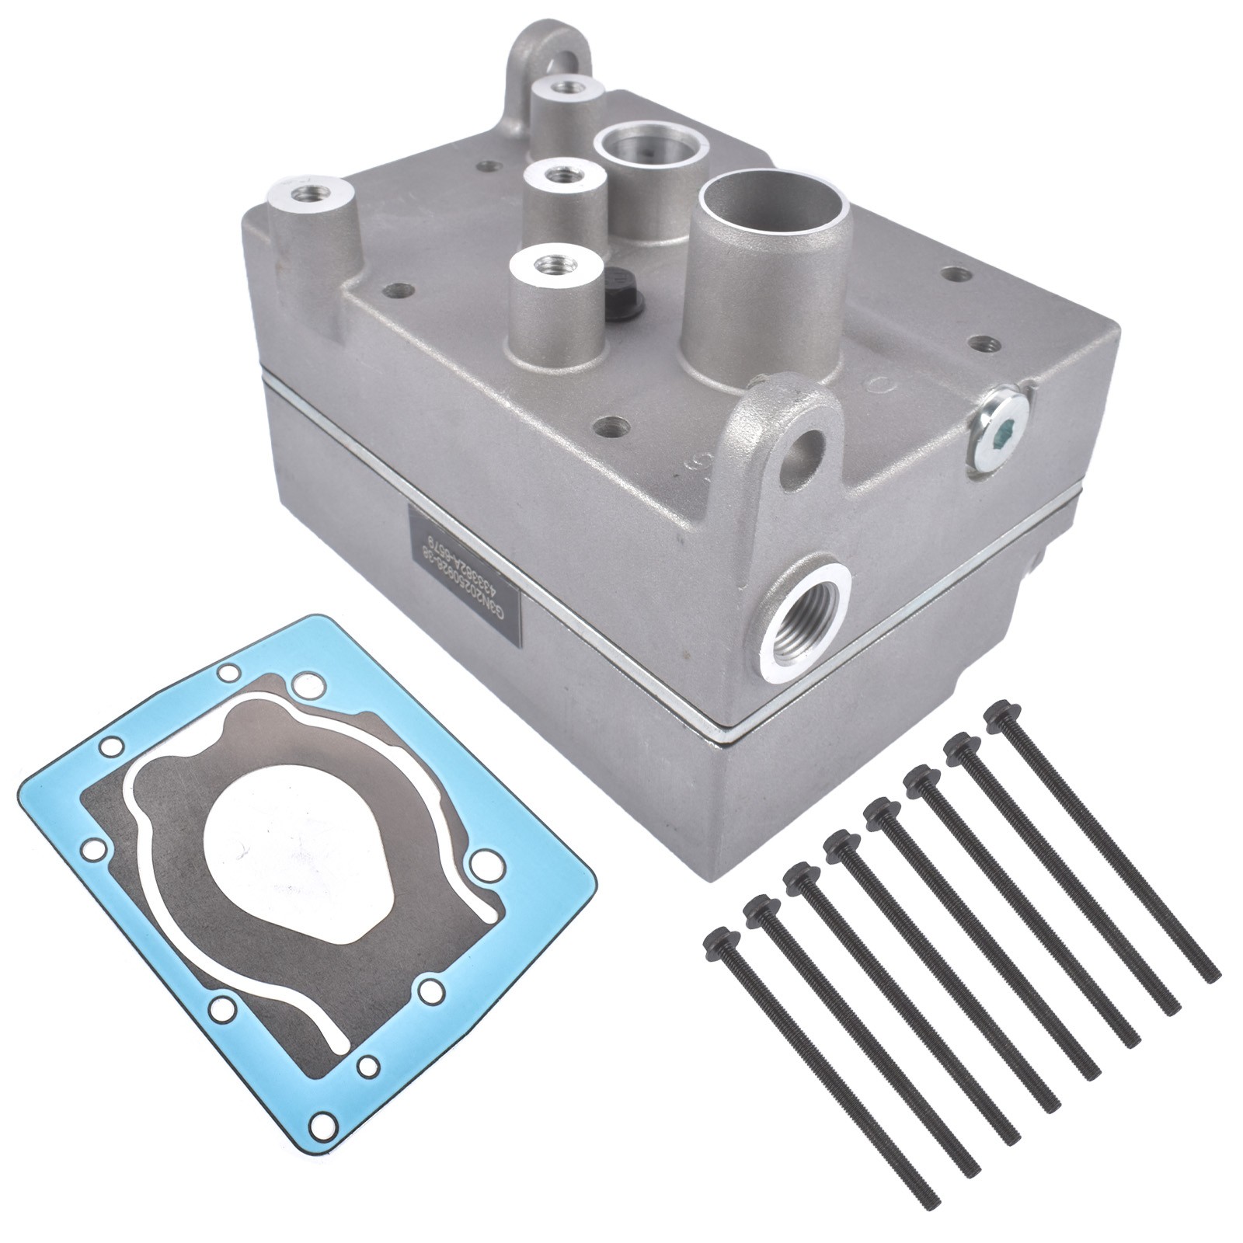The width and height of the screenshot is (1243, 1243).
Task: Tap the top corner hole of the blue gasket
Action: pos(228,672)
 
